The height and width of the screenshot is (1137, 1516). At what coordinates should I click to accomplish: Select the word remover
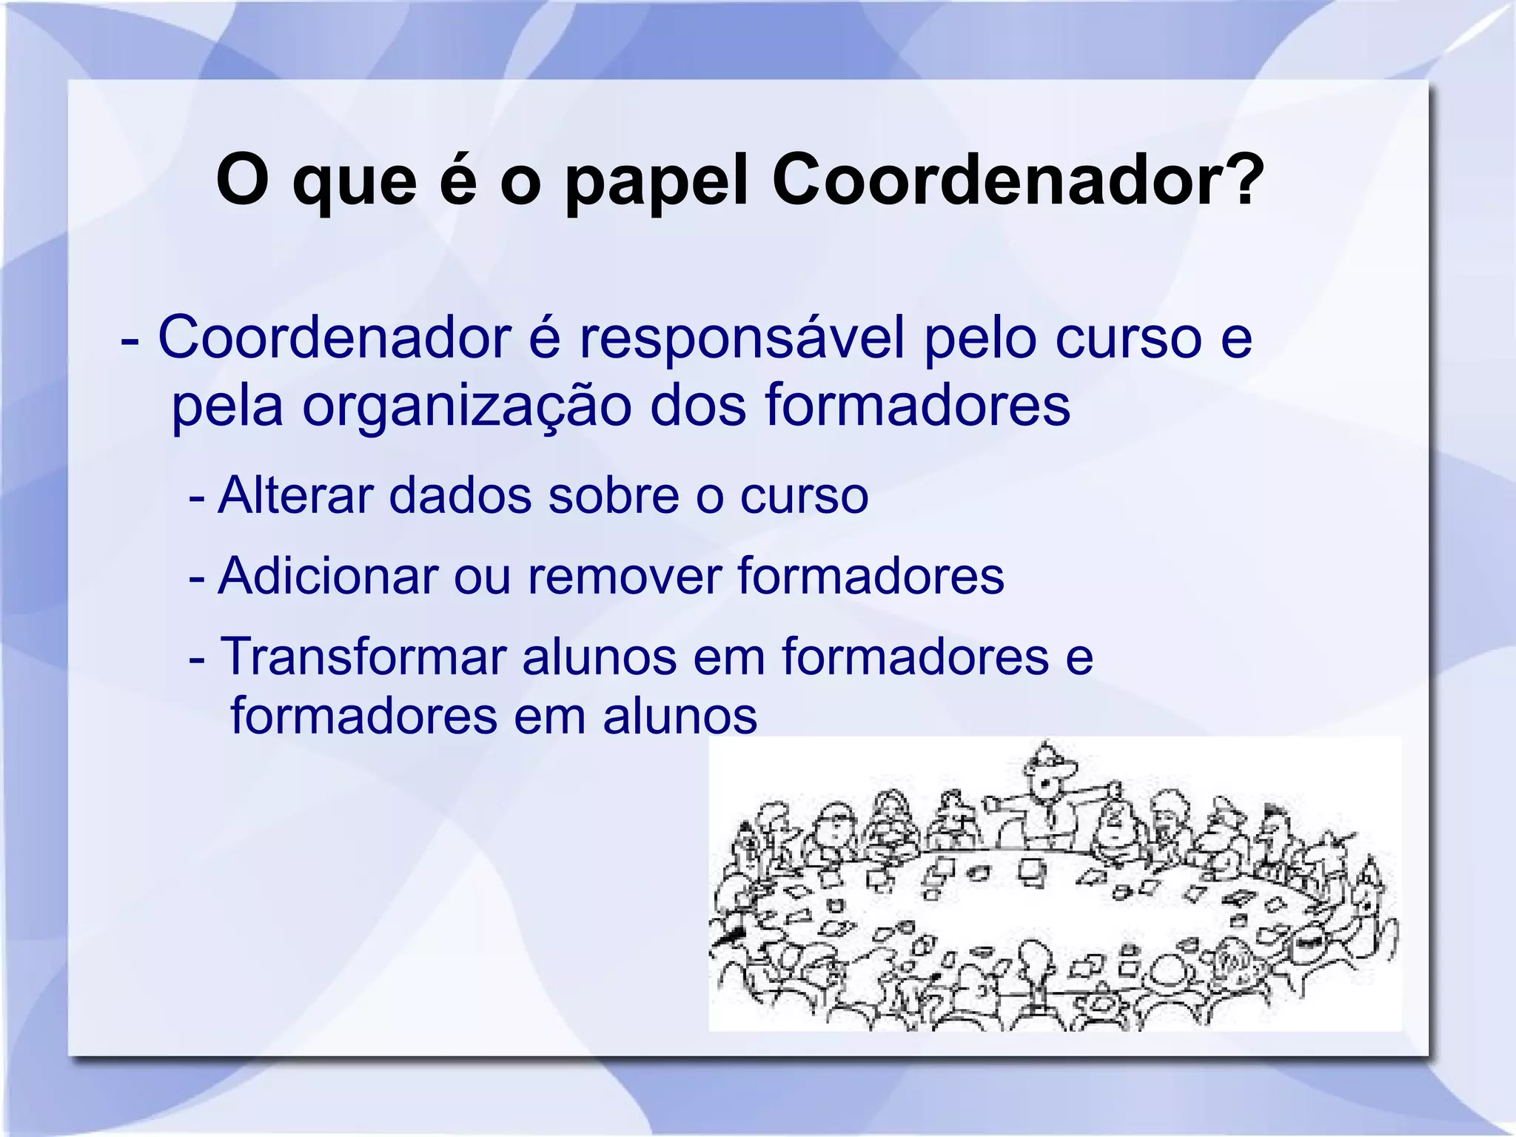(624, 576)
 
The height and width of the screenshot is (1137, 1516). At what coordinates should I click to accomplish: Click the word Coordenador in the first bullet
(335, 338)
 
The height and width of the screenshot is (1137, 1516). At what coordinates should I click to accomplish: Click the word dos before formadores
(698, 406)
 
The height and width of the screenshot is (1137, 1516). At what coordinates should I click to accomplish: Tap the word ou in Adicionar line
(482, 576)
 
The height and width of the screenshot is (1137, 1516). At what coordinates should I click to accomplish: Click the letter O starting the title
(241, 181)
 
